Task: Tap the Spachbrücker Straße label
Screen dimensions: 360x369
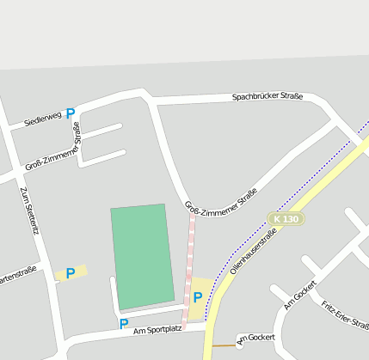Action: point(268,97)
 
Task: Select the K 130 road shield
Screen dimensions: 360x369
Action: point(286,219)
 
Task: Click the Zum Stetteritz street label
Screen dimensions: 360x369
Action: point(30,211)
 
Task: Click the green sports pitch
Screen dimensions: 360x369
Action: point(140,256)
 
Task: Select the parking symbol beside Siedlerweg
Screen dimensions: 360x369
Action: point(71,113)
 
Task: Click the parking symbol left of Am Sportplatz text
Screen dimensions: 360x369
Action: point(124,324)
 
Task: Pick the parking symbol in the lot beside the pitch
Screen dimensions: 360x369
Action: point(198,297)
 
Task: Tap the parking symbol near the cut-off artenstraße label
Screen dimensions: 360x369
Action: point(71,272)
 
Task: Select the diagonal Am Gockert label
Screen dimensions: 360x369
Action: point(300,295)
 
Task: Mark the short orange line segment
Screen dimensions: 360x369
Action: point(223,345)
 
